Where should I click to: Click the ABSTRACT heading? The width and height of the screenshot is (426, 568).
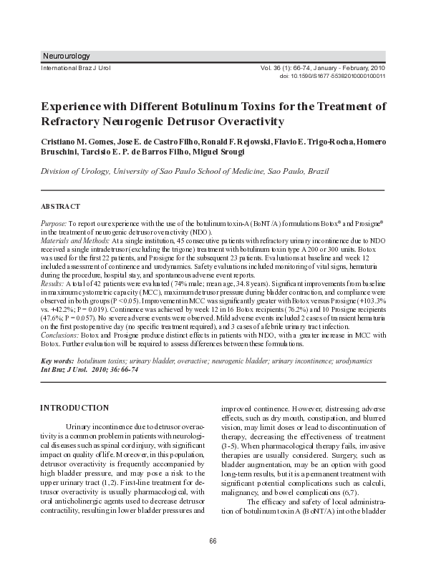pyautogui.click(x=61, y=207)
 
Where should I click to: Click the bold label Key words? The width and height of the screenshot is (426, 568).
pyautogui.click(x=57, y=362)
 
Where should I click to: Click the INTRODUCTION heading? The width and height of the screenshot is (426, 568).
pyautogui.click(x=74, y=408)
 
